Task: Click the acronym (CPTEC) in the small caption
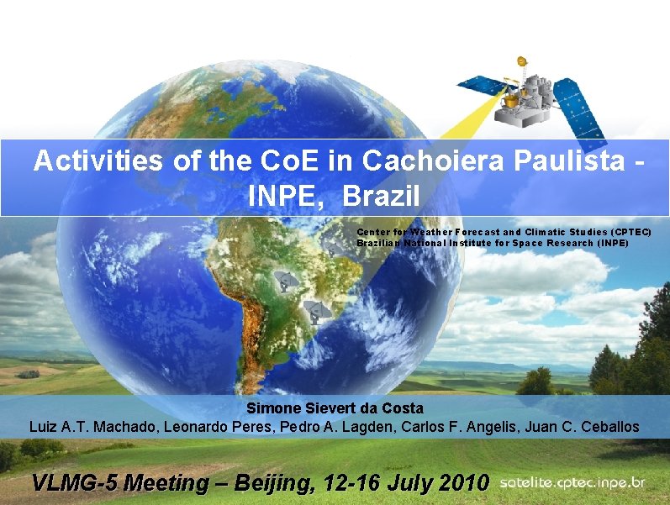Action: click(631, 231)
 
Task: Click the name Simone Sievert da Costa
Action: click(335, 409)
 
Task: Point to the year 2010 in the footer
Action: click(461, 483)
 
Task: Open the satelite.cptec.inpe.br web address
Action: click(572, 483)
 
